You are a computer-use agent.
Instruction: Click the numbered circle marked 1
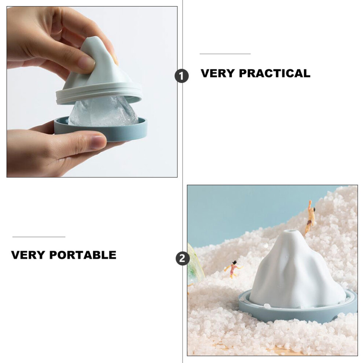click(181, 76)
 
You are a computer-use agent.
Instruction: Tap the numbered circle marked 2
click(183, 258)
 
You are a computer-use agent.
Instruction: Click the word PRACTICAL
click(274, 73)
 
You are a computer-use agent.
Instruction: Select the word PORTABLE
click(82, 255)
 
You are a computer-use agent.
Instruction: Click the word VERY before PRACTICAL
click(217, 73)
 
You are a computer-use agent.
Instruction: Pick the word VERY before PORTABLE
click(28, 255)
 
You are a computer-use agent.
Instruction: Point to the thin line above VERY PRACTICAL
click(225, 54)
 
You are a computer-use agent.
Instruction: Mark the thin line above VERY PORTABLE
click(39, 237)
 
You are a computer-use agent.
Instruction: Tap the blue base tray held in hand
click(101, 130)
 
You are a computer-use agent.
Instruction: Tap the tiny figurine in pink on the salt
click(233, 269)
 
